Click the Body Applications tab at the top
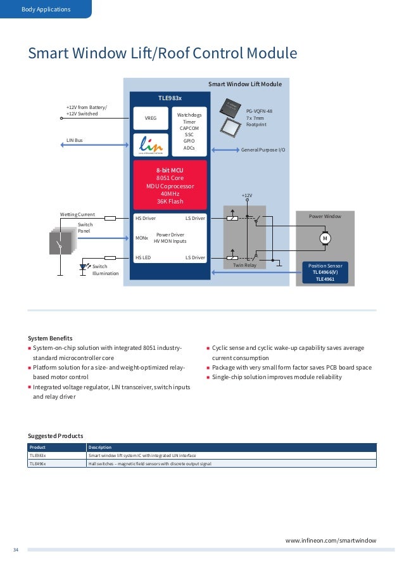[x=46, y=10]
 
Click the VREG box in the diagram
[x=151, y=118]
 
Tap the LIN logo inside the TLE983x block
[x=151, y=144]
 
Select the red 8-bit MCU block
[x=170, y=185]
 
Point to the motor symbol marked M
[x=325, y=238]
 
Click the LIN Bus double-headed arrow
[x=91, y=145]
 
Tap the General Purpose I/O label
[x=263, y=150]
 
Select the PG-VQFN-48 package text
[x=259, y=110]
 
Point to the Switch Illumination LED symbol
[x=82, y=268]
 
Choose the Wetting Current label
[x=77, y=214]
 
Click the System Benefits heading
[x=50, y=338]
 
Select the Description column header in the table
[x=99, y=447]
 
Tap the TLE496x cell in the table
[x=38, y=464]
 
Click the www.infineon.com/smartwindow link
[x=331, y=540]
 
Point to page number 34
[x=16, y=550]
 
